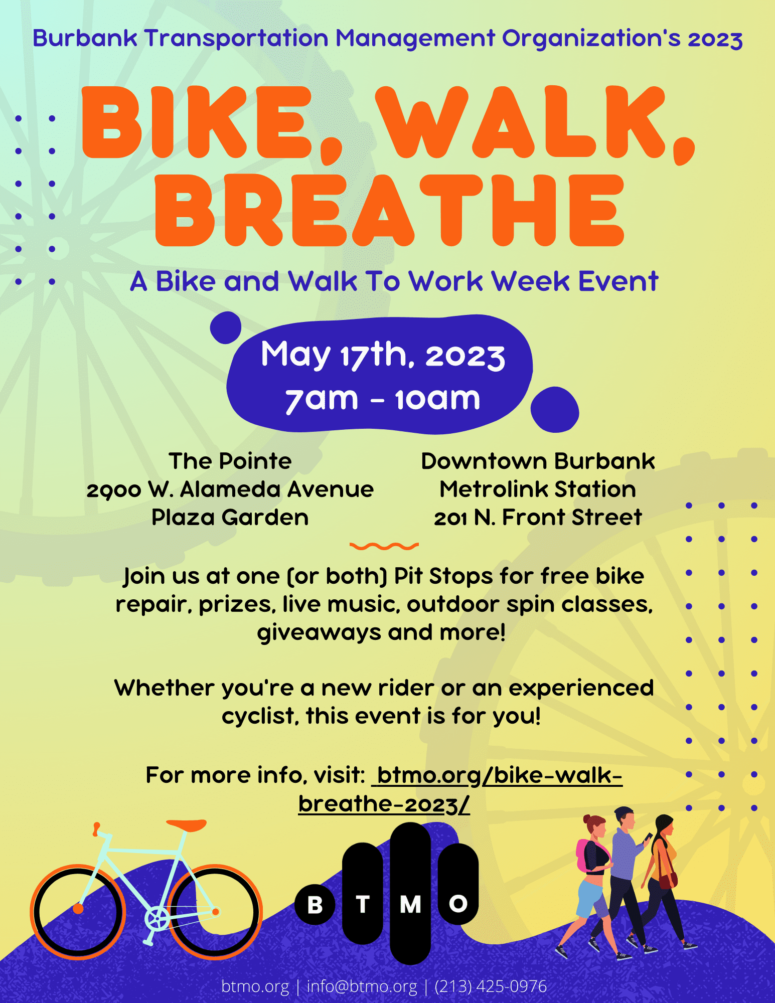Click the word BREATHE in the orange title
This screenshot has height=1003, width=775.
click(x=390, y=211)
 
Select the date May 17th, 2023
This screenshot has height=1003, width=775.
click(x=383, y=355)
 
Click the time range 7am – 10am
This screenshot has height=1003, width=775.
click(x=383, y=399)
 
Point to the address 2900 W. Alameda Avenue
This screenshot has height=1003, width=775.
click(x=230, y=489)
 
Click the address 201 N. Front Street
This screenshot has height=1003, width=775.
click(x=538, y=518)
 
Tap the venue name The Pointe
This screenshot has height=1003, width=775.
click(x=230, y=461)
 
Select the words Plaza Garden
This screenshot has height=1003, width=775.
click(x=230, y=518)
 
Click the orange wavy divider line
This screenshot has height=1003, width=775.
click(x=384, y=546)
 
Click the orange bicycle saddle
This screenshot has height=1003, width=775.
click(x=187, y=824)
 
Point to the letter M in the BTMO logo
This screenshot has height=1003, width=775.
click(x=410, y=904)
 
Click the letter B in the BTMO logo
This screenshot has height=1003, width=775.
click(x=315, y=905)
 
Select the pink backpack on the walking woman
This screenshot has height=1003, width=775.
click(x=583, y=855)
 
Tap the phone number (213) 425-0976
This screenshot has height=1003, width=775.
click(x=491, y=986)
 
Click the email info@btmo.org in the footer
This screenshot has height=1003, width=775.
click(x=362, y=986)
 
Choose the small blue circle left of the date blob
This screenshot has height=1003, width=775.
click(x=226, y=327)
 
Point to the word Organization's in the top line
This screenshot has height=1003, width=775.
click(x=591, y=39)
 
